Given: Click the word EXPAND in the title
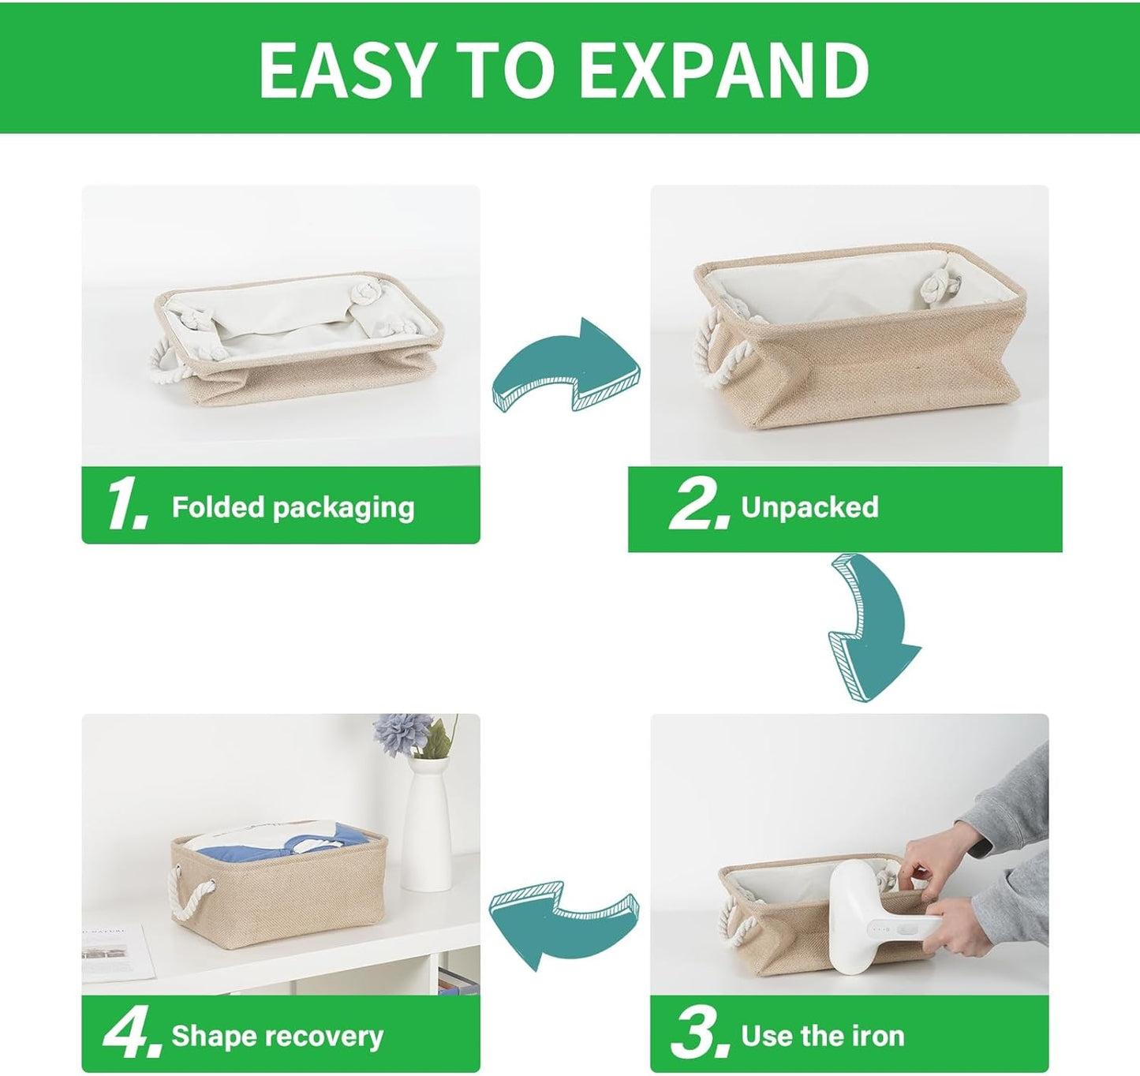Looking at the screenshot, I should [x=723, y=70].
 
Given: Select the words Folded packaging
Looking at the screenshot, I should [x=293, y=507].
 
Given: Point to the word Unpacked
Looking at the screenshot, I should [x=809, y=507].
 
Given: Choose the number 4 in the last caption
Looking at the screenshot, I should [x=125, y=1035].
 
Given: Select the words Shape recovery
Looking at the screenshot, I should [x=277, y=1036].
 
